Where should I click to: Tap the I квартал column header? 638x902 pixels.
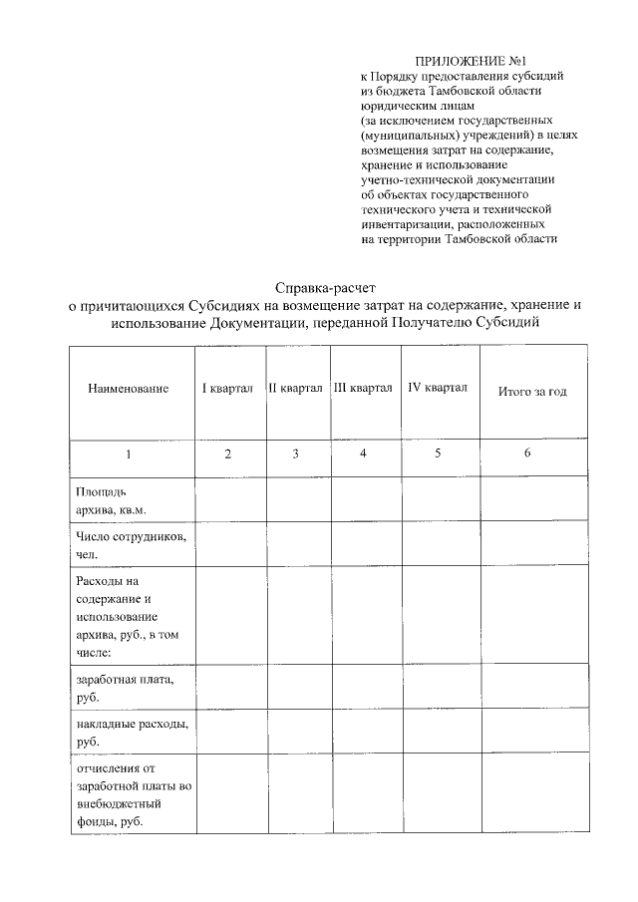[x=227, y=388]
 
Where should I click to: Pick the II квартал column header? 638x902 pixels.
[x=295, y=388]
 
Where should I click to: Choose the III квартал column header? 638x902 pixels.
[x=363, y=388]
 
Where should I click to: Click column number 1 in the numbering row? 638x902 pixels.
[x=128, y=454]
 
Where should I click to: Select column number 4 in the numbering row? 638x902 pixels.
[x=363, y=453]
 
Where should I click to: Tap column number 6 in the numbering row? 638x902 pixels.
[x=527, y=453]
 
